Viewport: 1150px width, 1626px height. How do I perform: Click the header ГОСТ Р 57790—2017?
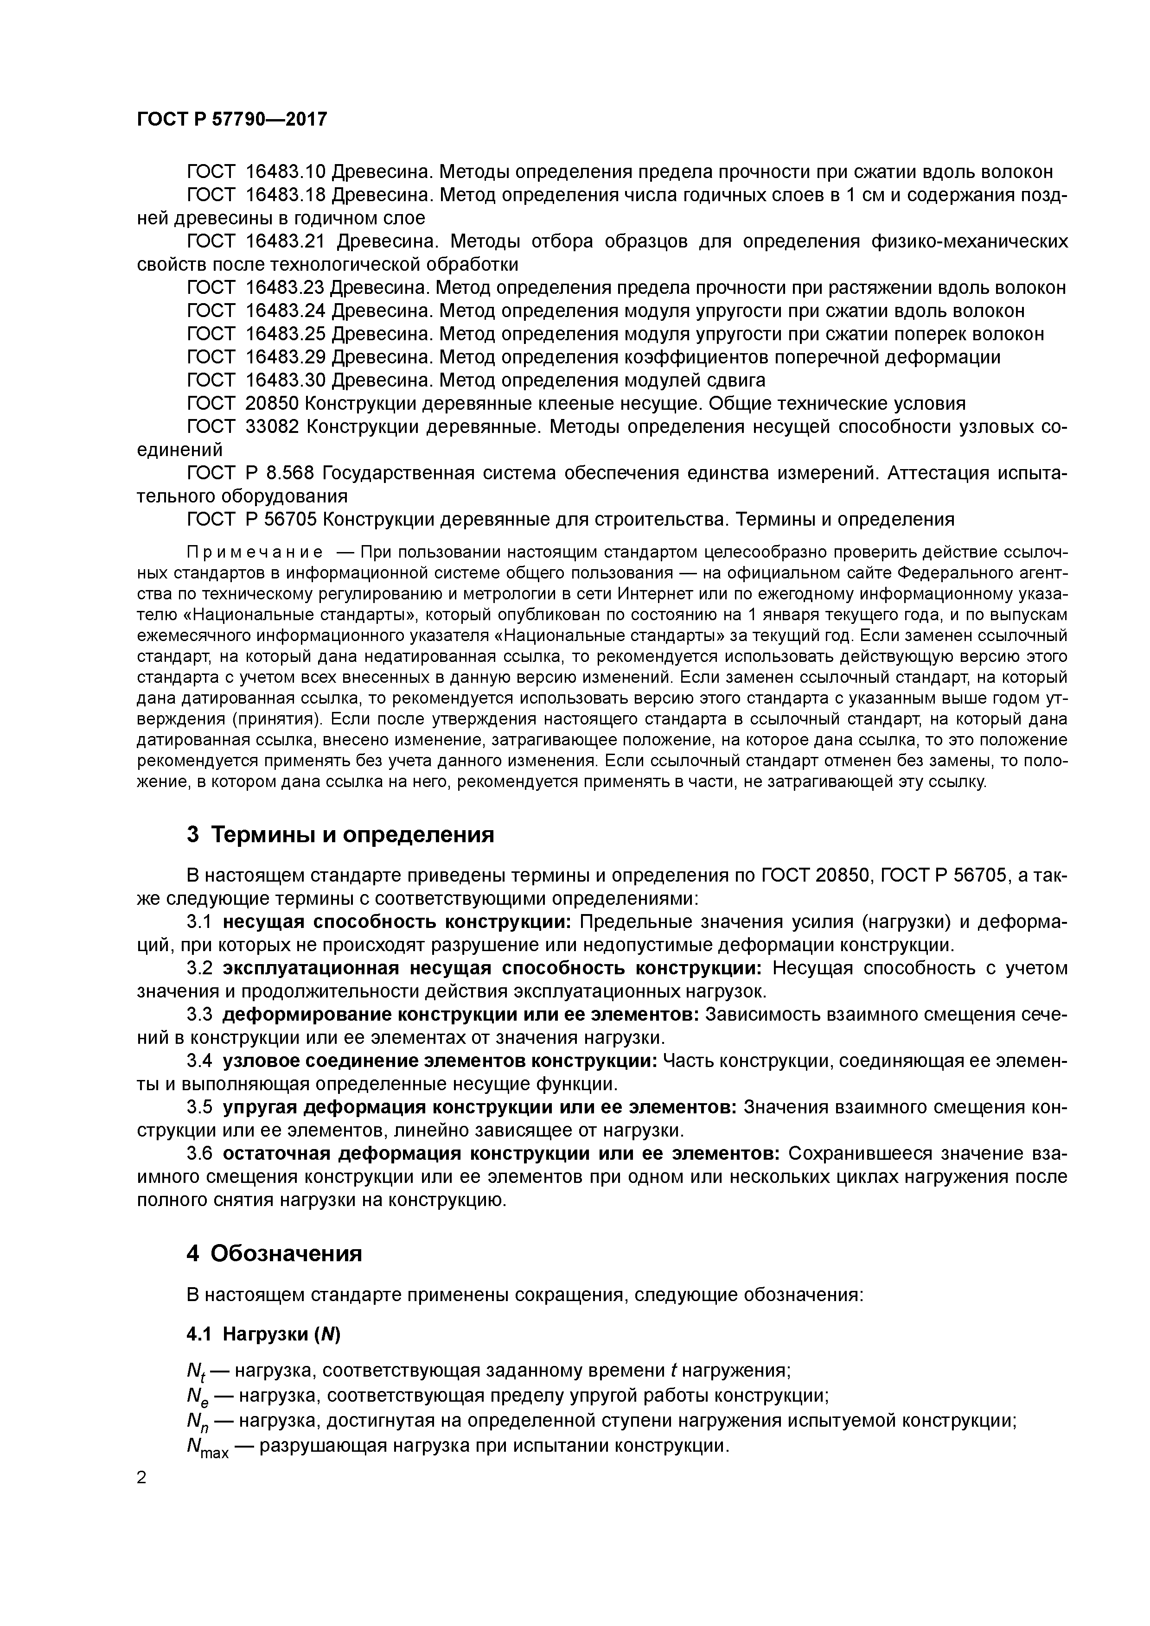tap(232, 119)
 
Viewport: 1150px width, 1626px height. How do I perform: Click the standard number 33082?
tap(272, 427)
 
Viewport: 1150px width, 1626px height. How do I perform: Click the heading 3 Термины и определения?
tap(340, 834)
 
